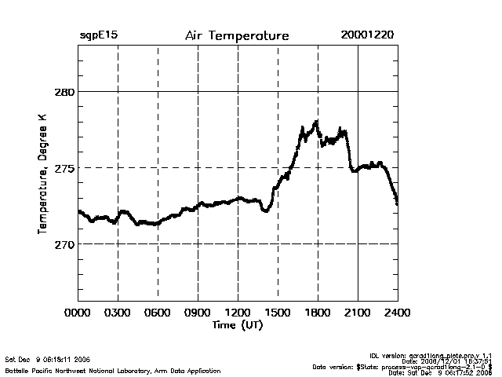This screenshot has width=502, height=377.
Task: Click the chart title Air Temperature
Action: (237, 36)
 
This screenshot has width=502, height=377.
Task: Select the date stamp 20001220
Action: (368, 36)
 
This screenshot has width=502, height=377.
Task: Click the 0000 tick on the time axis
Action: (78, 313)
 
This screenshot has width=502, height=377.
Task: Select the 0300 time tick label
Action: (118, 313)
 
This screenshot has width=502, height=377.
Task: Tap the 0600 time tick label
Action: (158, 313)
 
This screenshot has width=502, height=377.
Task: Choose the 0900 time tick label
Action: (198, 313)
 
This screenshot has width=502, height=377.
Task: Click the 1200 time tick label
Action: (238, 313)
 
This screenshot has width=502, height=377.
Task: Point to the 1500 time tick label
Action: (278, 313)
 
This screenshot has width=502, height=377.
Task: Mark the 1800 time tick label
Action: (318, 313)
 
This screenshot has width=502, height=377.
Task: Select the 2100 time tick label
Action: (358, 313)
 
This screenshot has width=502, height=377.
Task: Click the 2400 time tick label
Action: (398, 313)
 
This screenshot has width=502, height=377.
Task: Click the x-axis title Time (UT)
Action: (237, 325)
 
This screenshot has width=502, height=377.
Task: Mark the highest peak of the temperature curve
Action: (316, 122)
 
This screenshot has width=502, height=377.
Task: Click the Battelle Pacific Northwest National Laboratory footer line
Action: (113, 370)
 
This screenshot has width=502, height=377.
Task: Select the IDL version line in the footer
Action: (445, 355)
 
